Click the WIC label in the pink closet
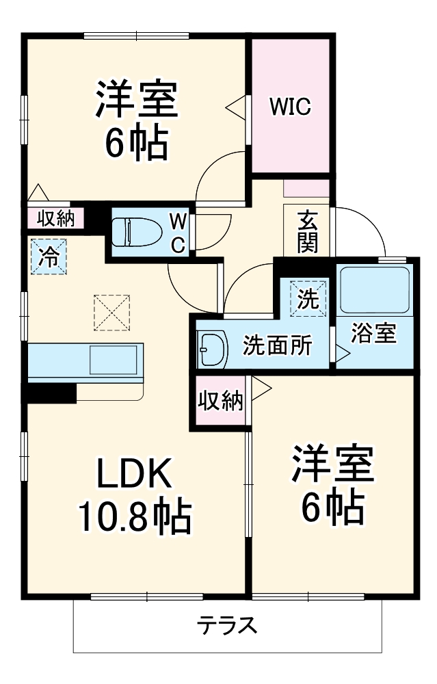click(290, 107)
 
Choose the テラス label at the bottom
click(228, 624)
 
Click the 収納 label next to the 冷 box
click(55, 218)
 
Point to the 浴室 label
click(374, 333)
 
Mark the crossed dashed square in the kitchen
click(112, 312)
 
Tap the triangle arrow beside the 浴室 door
click(342, 354)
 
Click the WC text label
click(177, 233)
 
